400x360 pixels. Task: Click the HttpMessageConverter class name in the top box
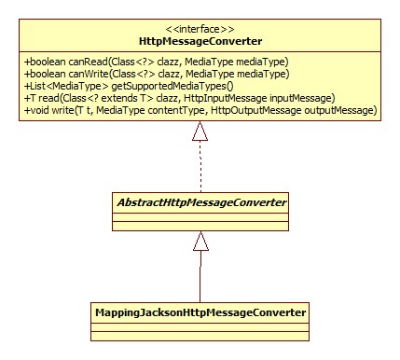[x=200, y=42]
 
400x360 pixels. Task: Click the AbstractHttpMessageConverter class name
[x=200, y=201]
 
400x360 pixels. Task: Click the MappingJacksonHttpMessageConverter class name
[x=200, y=310]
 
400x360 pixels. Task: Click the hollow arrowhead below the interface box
[x=200, y=132]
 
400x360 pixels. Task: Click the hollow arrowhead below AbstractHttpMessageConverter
[x=200, y=242]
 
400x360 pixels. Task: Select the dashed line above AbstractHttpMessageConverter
[x=200, y=168]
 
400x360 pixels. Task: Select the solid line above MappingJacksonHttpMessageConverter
[x=200, y=275]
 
